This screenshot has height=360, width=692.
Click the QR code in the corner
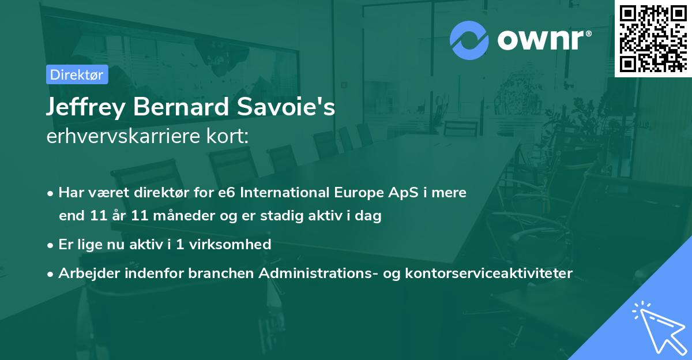click(x=653, y=38)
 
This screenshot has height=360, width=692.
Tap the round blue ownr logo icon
click(x=469, y=40)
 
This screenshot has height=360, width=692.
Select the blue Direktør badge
click(x=77, y=74)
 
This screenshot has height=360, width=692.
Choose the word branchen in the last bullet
click(x=221, y=273)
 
